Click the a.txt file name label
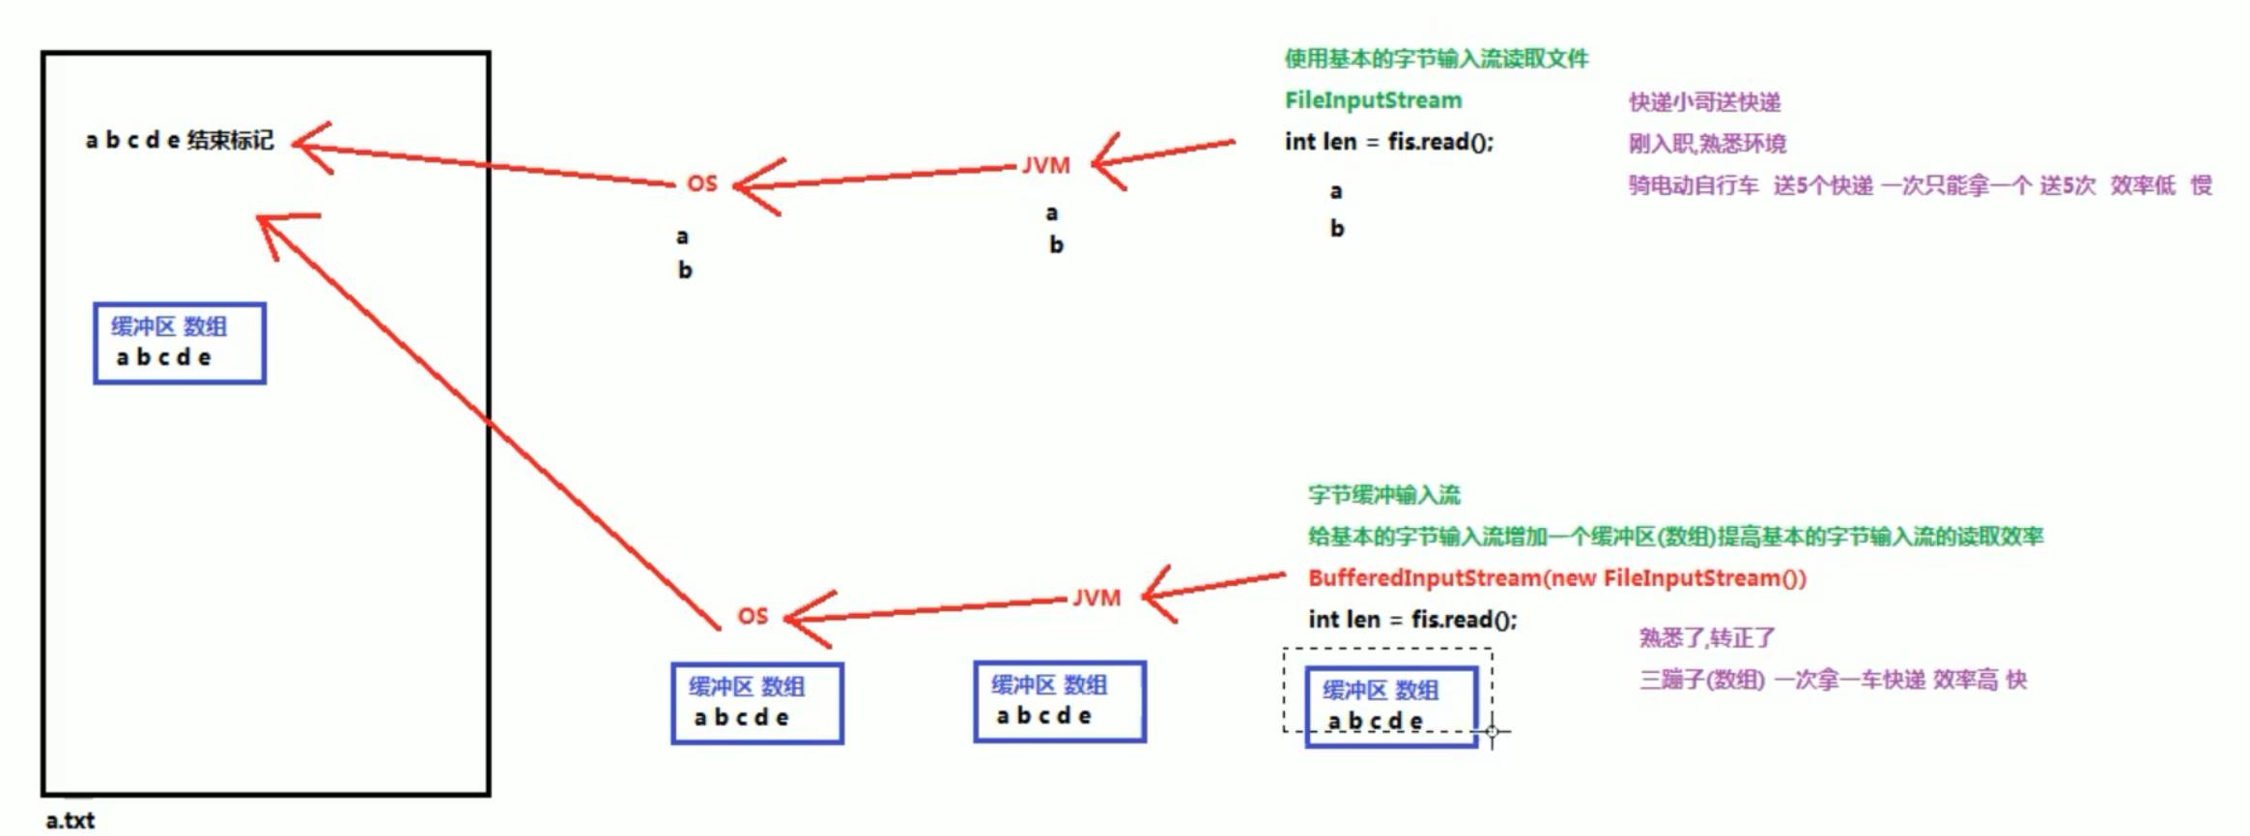point(71,821)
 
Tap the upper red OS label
point(702,183)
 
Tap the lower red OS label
point(753,616)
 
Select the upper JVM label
point(1046,166)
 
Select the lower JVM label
point(1097,599)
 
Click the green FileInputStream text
point(1373,100)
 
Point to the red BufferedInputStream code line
point(1556,578)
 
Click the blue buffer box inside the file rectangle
point(180,344)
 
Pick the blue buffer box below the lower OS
point(757,704)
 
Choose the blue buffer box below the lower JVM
point(1060,702)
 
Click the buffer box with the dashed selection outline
point(1391,707)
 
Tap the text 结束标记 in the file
point(231,141)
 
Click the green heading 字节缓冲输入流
point(1383,495)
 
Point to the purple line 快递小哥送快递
point(1704,102)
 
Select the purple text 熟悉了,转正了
point(1706,638)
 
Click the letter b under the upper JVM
point(1056,245)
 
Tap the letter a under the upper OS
point(682,237)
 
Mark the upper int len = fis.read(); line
point(1388,142)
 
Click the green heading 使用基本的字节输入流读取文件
point(1436,59)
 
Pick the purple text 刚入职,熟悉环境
point(1707,144)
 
